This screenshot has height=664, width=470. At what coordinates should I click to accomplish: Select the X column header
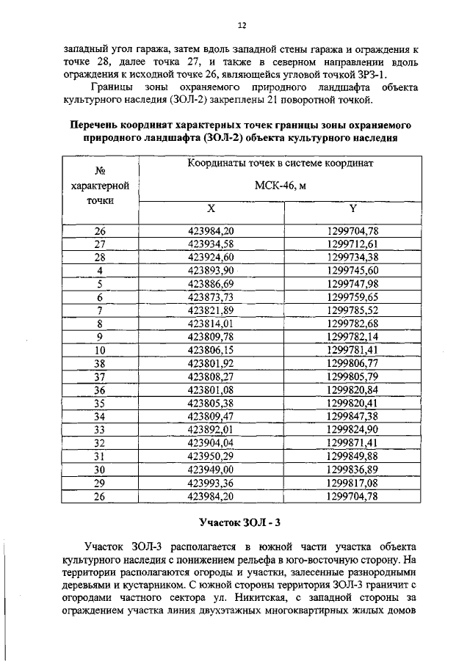(x=211, y=208)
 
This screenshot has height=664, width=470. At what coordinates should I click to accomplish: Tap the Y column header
(x=352, y=208)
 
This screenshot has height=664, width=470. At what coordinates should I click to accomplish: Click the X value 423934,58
(x=211, y=244)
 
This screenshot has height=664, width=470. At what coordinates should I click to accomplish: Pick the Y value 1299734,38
(x=352, y=257)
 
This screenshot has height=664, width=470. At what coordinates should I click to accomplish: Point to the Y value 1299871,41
(x=352, y=443)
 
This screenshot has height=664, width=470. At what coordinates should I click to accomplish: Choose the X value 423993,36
(x=211, y=483)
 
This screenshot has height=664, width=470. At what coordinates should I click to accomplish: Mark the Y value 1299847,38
(x=352, y=416)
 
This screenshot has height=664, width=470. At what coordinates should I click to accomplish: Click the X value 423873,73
(x=211, y=296)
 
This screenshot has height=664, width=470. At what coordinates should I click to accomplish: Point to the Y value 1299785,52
(x=352, y=310)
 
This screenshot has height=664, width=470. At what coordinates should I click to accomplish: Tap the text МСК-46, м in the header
(x=280, y=185)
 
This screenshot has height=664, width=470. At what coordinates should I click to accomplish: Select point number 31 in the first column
(x=101, y=456)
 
